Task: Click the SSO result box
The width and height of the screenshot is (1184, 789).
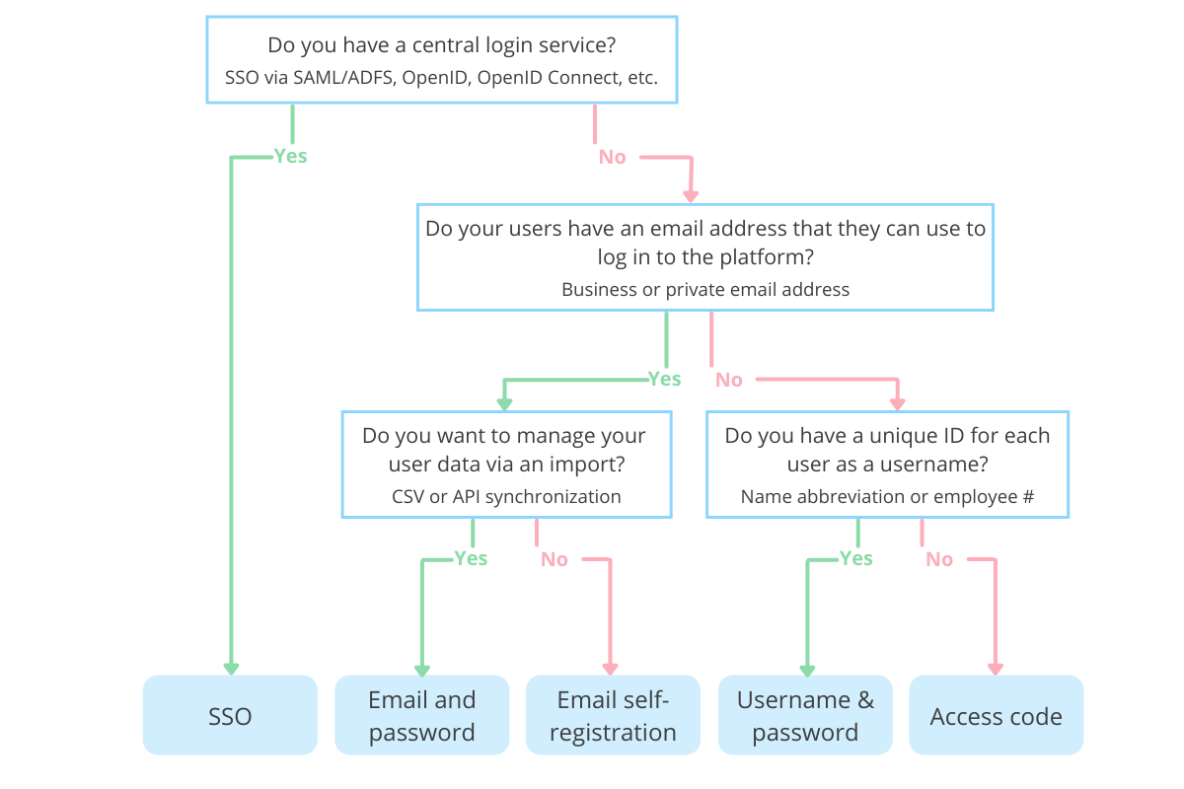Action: (x=230, y=716)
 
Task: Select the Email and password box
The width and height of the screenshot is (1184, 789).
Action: (x=422, y=716)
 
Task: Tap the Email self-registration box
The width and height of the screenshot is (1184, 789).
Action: (x=613, y=716)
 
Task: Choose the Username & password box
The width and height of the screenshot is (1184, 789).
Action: (x=805, y=716)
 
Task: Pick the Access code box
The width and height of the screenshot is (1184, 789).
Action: (x=996, y=716)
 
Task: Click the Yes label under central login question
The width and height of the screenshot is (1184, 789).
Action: (x=290, y=156)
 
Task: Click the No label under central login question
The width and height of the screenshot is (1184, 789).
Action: (x=612, y=157)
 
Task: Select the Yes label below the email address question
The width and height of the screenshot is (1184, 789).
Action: (x=664, y=379)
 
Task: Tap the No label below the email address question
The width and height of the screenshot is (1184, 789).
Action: (x=728, y=380)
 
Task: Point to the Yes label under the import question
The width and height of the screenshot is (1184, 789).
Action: (x=471, y=558)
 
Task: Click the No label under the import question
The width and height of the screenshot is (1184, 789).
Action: (x=554, y=559)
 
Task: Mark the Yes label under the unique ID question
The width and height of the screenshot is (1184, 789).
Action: (x=855, y=558)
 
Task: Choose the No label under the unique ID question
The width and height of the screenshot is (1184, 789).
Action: (x=938, y=559)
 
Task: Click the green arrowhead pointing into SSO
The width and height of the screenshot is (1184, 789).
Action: (x=231, y=668)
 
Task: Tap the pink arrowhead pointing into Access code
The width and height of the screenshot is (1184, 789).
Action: (x=996, y=668)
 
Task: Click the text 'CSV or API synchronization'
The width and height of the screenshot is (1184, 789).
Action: (x=506, y=496)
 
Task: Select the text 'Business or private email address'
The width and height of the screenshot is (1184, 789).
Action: (x=705, y=289)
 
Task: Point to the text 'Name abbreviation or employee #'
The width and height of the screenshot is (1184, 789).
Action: (x=887, y=496)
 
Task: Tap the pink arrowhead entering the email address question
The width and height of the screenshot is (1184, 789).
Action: (x=690, y=194)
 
